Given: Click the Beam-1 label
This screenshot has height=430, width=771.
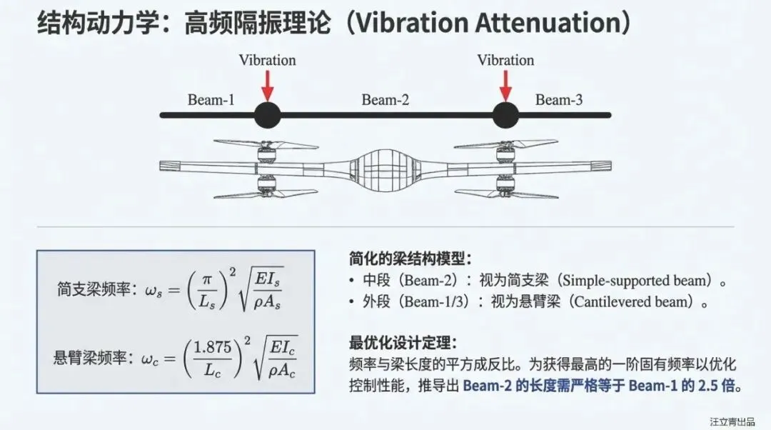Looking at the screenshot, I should click(x=211, y=99).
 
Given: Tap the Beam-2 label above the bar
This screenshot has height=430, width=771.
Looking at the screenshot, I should click(x=385, y=99).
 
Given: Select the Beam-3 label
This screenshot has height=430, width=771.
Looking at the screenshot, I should click(x=559, y=99).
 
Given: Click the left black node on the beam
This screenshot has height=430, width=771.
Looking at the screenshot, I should click(x=268, y=114).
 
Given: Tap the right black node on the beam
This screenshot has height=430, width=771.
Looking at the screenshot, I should click(x=505, y=114).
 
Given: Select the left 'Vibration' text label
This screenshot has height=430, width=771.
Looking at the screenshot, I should click(x=268, y=60).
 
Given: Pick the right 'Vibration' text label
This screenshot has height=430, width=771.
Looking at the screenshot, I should click(x=505, y=60).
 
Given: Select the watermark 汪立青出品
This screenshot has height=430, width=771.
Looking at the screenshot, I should click(x=732, y=421).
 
